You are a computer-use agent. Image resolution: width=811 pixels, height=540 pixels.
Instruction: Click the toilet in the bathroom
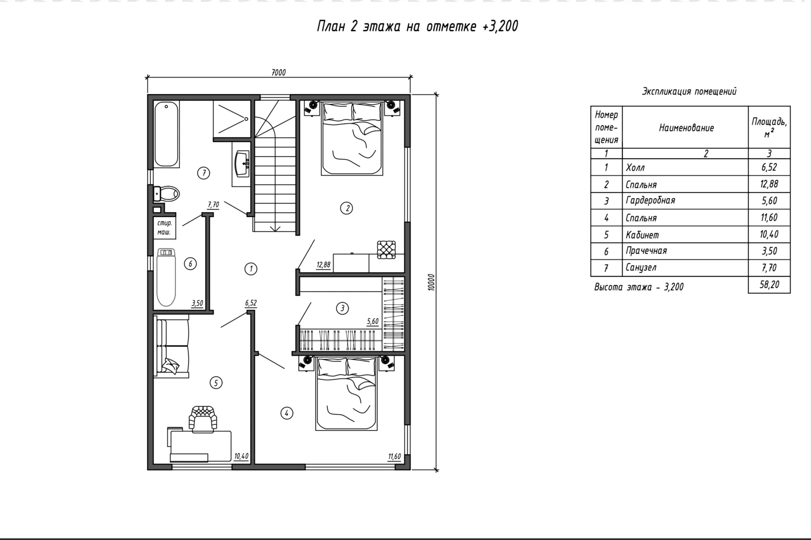coord(166,194)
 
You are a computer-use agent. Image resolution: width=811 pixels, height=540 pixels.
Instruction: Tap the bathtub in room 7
coord(166,134)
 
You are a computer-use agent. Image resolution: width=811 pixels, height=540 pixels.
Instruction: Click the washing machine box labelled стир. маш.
coord(164,228)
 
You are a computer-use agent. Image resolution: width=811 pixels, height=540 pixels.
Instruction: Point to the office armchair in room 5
coord(203,419)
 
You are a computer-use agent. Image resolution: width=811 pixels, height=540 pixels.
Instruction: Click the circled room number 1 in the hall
coord(251,268)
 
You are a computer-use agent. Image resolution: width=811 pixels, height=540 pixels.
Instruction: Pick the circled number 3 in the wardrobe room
coord(342,308)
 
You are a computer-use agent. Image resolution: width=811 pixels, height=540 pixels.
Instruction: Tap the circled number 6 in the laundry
coord(190,263)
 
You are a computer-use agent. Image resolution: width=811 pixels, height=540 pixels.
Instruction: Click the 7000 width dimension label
coord(278,72)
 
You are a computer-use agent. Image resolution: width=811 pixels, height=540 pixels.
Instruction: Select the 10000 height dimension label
coord(431,282)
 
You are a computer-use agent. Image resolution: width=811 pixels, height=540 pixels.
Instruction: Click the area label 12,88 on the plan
coord(323,264)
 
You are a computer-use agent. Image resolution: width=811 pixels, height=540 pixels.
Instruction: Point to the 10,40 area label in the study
coord(241,456)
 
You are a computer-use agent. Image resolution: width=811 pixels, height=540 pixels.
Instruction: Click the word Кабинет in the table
coord(642,235)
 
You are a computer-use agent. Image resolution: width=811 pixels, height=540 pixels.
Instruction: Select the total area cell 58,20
coord(769,284)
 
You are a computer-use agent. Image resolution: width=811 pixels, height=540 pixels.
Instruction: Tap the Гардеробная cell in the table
coord(650,200)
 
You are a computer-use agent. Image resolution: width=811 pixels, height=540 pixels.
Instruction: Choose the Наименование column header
coord(686,128)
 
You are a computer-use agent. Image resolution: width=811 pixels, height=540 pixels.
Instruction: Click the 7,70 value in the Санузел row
coord(769,268)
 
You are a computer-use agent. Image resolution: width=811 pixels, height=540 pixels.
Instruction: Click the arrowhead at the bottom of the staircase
coord(275,228)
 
